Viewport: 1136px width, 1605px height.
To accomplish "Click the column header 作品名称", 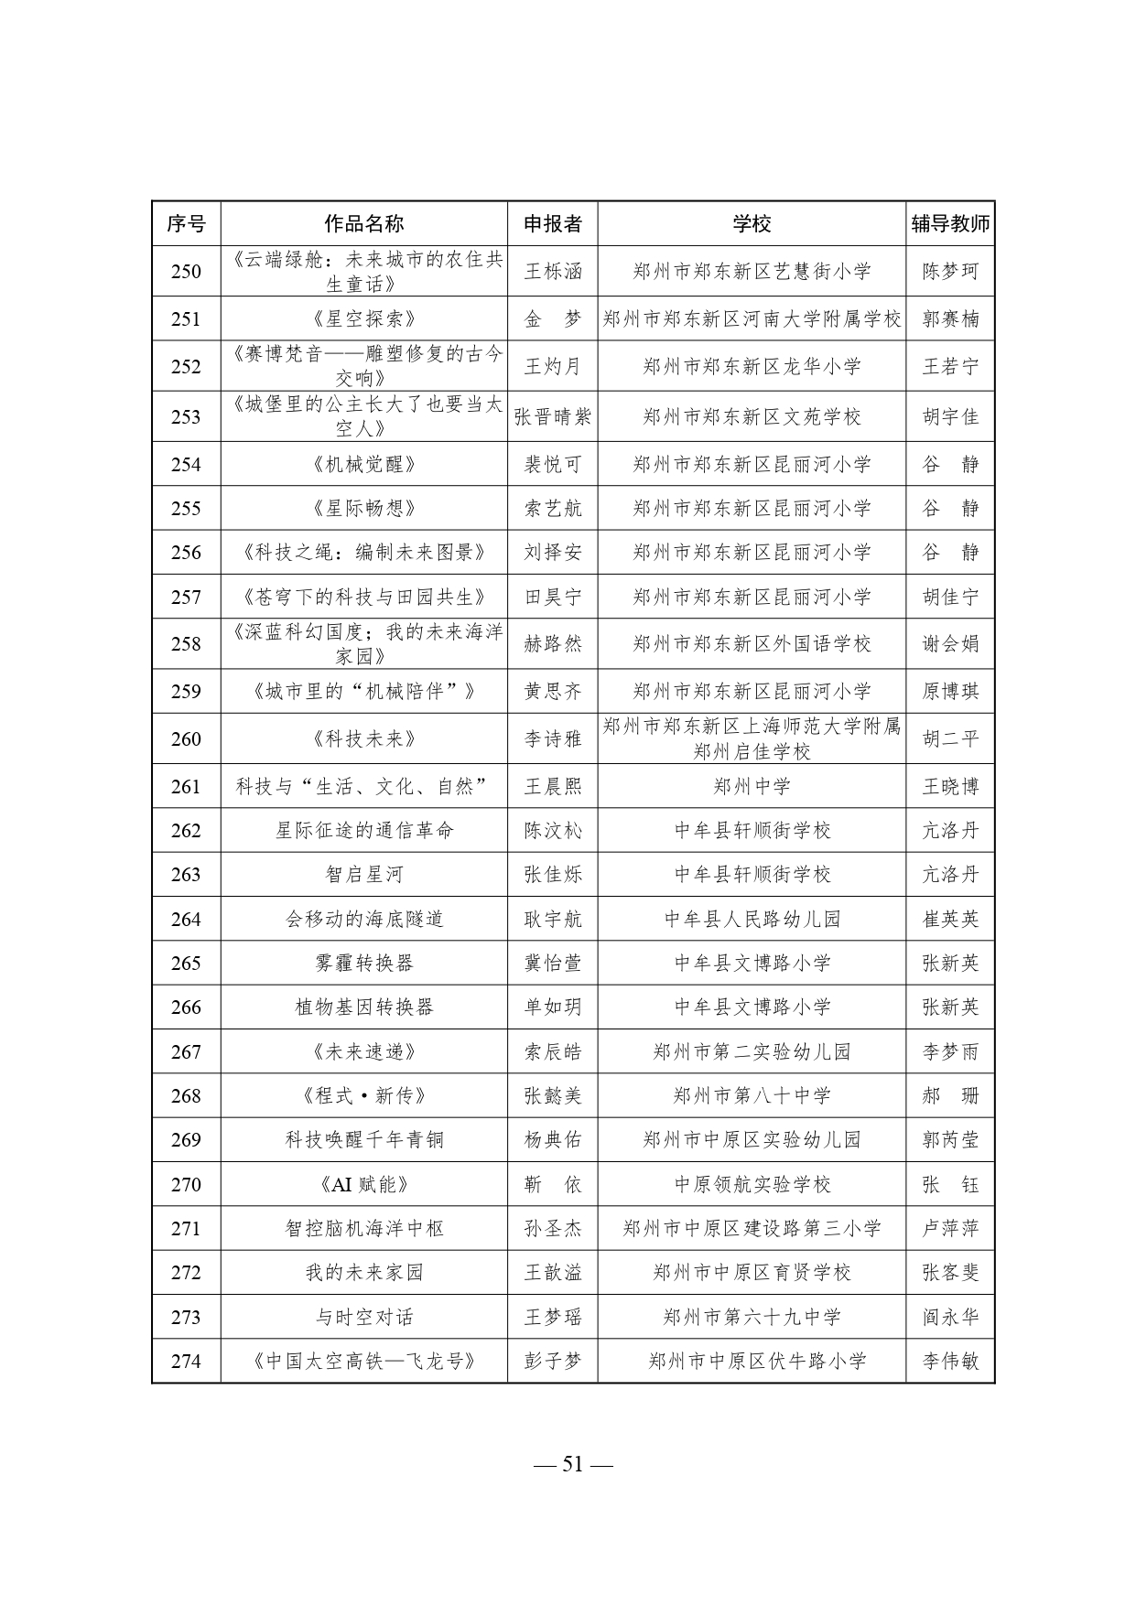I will click(x=363, y=224).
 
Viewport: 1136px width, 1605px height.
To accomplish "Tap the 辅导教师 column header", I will click(x=950, y=224).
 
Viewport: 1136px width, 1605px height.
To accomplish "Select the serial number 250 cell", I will click(x=186, y=272).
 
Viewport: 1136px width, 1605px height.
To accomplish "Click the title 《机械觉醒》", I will click(x=363, y=465).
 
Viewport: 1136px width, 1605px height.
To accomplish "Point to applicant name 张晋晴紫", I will click(x=552, y=417).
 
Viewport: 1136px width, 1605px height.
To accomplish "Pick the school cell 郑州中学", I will click(x=751, y=786).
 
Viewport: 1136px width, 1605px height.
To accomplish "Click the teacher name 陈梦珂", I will click(x=950, y=272).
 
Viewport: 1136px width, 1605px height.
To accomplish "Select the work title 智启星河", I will click(x=363, y=875).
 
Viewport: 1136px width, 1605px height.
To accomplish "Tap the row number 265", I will click(x=186, y=964).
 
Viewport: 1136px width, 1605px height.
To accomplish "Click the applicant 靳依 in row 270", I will click(x=552, y=1185).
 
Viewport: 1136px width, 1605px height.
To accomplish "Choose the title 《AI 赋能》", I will click(x=363, y=1185).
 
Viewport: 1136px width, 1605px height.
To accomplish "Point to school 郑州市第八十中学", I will click(x=751, y=1096).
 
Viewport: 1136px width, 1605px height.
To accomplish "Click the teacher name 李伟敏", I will click(x=950, y=1362).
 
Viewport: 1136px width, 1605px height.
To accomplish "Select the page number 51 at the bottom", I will click(x=572, y=1464).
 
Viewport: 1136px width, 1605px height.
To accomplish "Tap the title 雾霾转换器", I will click(x=363, y=964).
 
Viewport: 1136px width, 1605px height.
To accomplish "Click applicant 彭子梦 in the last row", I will click(x=552, y=1362).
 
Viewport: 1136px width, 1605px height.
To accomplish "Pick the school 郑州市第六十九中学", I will click(x=751, y=1318).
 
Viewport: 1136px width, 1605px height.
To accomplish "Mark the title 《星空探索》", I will click(x=363, y=319).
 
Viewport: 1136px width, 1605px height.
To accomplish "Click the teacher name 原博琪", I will click(x=950, y=692).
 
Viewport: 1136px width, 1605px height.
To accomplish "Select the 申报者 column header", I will click(x=552, y=224).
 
